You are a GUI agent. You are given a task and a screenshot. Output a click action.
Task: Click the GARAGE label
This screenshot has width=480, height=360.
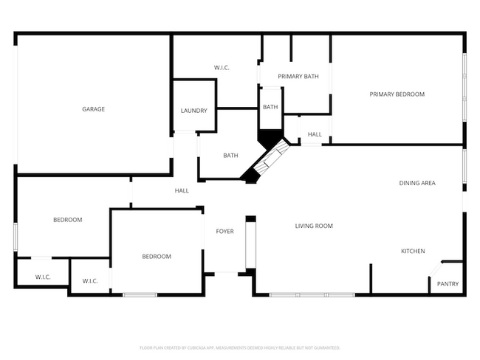[93, 109]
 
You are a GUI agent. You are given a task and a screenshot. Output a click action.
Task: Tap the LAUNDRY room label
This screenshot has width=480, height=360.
[193, 111]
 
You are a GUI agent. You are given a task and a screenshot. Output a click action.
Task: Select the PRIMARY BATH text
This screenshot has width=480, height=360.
[298, 76]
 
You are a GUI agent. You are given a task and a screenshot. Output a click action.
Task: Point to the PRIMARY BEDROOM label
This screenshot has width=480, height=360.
[397, 94]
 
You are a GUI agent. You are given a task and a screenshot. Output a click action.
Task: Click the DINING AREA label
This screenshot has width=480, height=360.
[417, 183]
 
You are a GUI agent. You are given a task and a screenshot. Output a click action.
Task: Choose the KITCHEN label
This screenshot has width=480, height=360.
[413, 252]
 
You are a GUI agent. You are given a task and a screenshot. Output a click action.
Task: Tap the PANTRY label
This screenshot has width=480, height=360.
[448, 283]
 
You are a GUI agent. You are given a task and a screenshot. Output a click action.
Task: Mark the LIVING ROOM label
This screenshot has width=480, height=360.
[314, 226]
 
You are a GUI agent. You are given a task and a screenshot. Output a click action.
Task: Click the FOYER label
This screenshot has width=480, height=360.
[224, 232]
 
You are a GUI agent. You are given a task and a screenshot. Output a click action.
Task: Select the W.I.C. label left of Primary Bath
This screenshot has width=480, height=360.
[222, 68]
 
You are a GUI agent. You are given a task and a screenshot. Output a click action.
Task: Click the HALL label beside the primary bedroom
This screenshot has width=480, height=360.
[315, 134]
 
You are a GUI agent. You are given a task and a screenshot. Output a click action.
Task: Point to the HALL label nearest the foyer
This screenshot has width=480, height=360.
[182, 190]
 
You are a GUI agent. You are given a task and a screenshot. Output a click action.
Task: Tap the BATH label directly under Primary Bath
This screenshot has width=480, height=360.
[270, 107]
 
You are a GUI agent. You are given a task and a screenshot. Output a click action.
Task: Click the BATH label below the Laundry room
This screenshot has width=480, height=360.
[230, 156]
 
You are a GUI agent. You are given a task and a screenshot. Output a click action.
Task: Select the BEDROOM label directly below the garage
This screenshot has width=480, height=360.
[67, 220]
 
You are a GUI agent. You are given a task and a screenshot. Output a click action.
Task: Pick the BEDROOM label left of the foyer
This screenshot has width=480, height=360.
[157, 257]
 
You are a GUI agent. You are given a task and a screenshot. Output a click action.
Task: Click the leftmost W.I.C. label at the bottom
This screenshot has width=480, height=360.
[42, 277]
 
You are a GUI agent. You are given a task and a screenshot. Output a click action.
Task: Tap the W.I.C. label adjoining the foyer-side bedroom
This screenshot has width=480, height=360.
[90, 281]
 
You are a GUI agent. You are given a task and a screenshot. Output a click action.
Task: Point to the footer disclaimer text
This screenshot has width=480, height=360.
[240, 347]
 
